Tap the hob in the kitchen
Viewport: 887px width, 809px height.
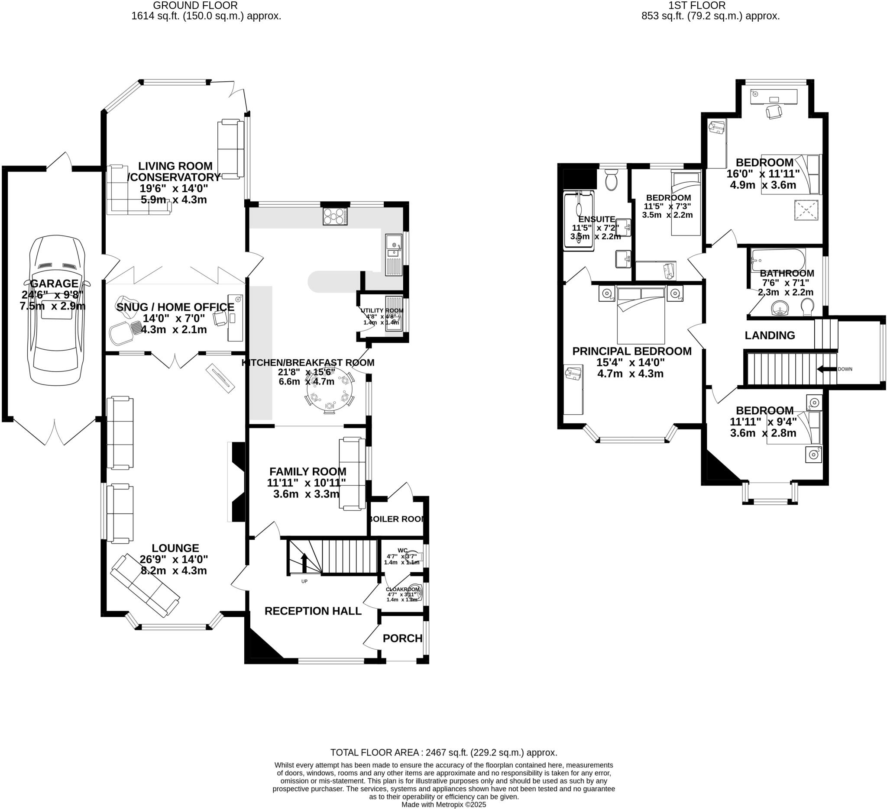335,216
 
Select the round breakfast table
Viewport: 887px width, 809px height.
330,389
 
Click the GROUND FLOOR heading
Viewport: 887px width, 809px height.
195,5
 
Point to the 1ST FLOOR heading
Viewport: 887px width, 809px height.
697,5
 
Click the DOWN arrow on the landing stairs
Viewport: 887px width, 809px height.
826,369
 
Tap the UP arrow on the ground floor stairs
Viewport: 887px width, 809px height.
304,561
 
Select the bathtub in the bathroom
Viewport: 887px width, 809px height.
778,259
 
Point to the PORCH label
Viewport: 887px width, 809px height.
402,638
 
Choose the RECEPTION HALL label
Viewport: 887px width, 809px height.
313,611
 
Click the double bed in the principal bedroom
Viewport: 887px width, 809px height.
641,315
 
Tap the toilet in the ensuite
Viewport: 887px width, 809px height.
612,180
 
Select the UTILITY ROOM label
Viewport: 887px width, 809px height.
382,310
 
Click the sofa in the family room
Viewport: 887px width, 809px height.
352,474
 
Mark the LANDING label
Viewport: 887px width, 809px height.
770,335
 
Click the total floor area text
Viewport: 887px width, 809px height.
443,752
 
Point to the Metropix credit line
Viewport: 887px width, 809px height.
443,805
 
